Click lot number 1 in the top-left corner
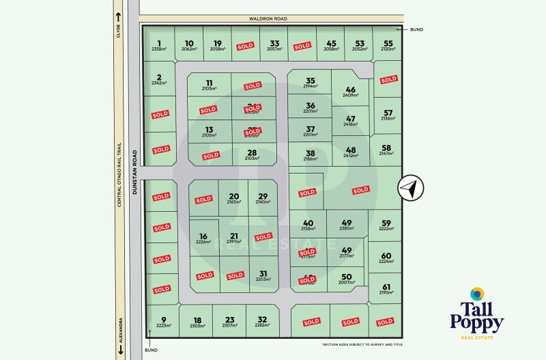[158, 42]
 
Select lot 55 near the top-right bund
[388, 42]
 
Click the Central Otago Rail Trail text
[119, 175]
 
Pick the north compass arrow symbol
[411, 188]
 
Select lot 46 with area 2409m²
[351, 89]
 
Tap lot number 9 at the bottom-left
[163, 320]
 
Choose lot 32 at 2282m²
[262, 320]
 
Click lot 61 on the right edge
[387, 287]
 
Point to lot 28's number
[252, 152]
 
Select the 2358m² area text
[159, 49]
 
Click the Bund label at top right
[417, 29]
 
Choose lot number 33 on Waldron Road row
[274, 42]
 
